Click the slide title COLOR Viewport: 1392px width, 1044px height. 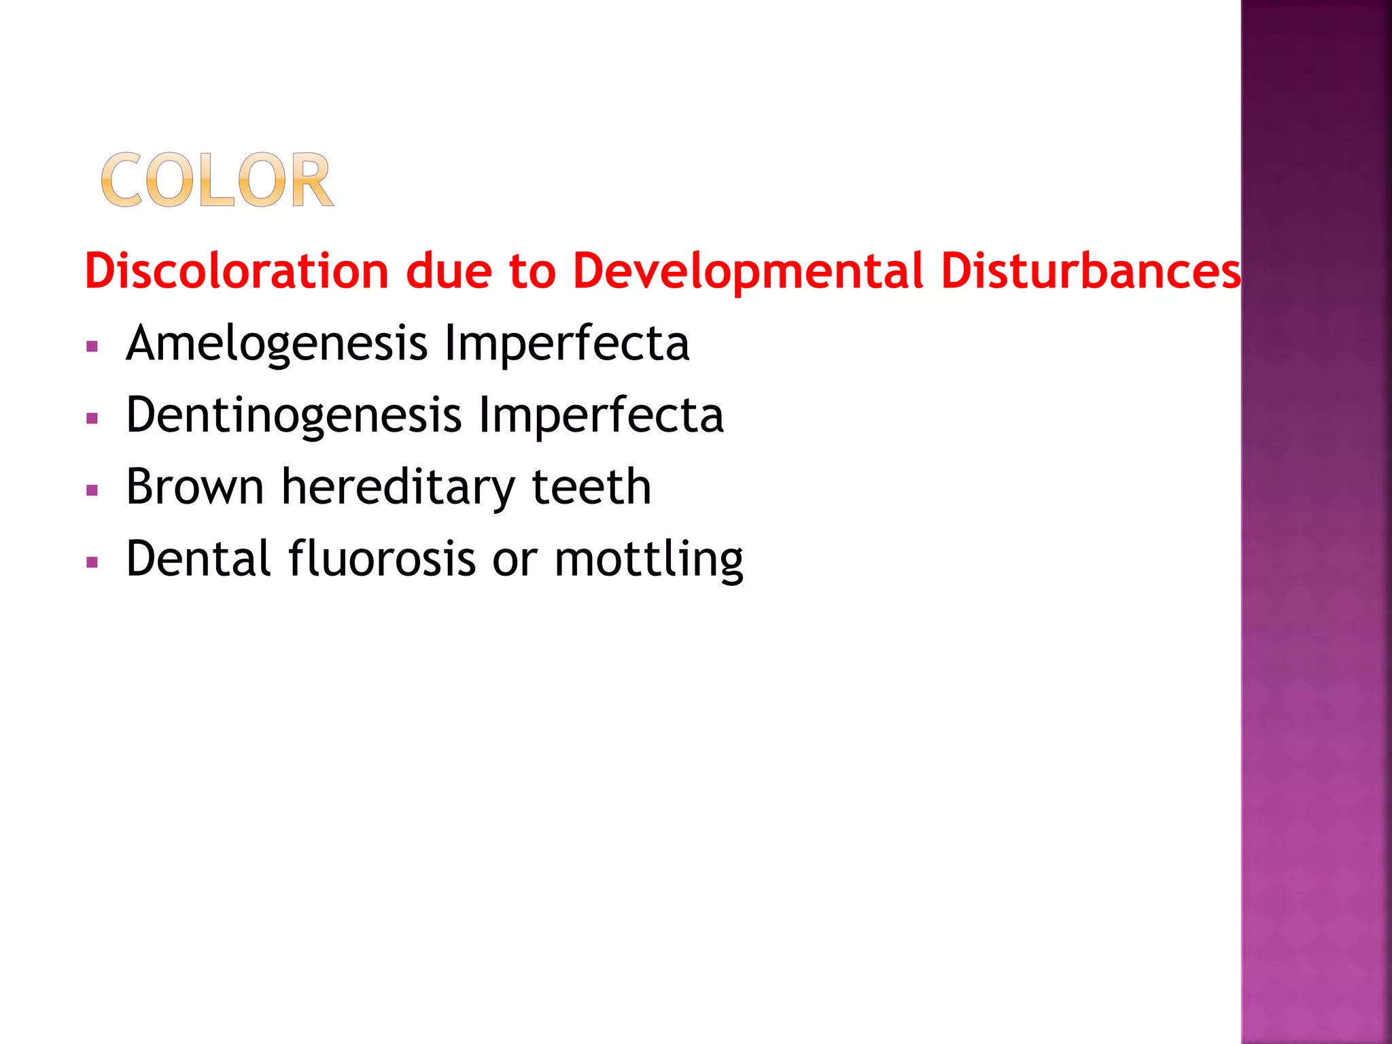(x=217, y=180)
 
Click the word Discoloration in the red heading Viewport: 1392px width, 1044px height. (x=237, y=271)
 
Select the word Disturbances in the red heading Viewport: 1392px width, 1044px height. (x=1091, y=271)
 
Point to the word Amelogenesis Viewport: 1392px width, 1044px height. (x=277, y=344)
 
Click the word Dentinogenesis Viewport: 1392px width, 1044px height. (x=294, y=415)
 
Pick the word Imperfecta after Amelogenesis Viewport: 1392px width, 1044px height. (x=566, y=344)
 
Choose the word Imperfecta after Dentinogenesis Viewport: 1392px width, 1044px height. (x=601, y=415)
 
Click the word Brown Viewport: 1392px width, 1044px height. (x=195, y=487)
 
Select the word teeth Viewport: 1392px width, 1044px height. (x=591, y=487)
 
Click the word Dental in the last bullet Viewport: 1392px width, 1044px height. (x=198, y=559)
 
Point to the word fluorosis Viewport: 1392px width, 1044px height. (x=382, y=559)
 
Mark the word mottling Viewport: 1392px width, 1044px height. (x=648, y=560)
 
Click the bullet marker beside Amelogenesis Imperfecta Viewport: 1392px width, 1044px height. (x=92, y=347)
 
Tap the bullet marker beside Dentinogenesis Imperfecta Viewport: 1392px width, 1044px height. (x=92, y=419)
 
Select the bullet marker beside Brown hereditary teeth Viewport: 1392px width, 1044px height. (x=92, y=490)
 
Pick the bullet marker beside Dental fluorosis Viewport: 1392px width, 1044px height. (x=92, y=562)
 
